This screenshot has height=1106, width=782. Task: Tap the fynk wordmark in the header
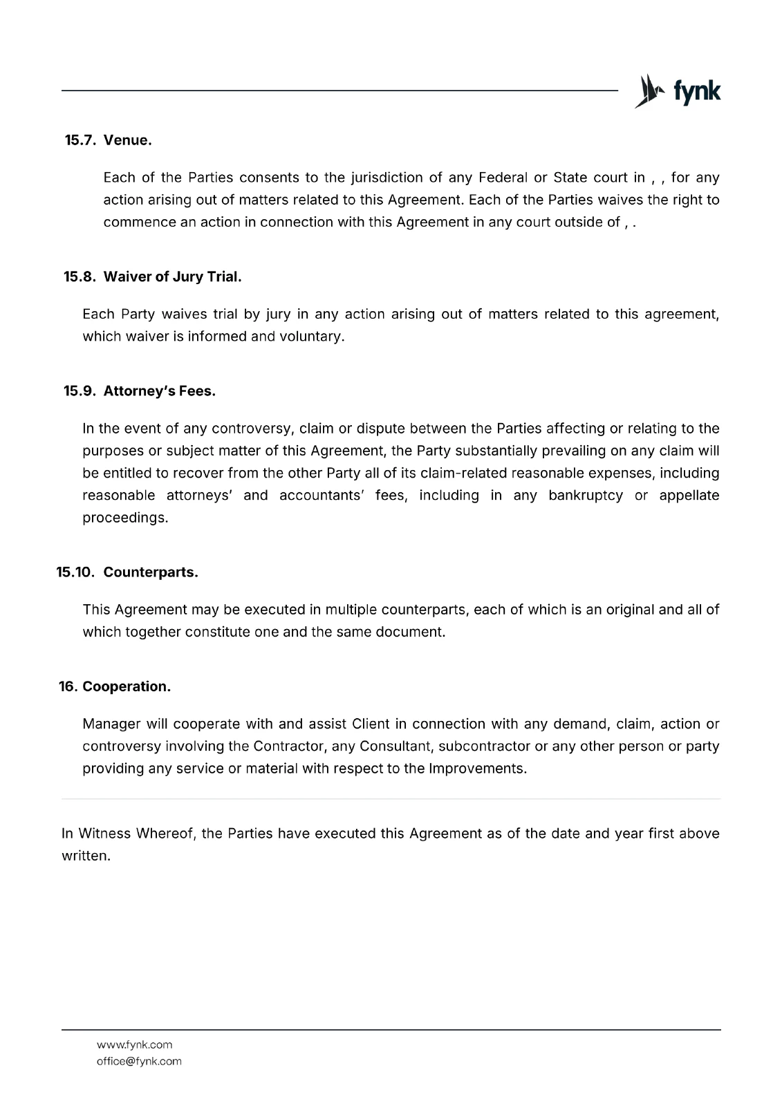click(696, 92)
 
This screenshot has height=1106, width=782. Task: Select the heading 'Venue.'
click(128, 140)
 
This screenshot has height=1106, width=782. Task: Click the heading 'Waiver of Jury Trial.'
click(172, 277)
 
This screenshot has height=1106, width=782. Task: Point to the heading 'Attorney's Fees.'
click(160, 391)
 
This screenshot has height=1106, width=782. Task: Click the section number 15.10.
click(75, 573)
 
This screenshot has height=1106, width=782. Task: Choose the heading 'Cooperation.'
click(127, 687)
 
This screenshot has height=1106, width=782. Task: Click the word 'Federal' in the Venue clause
click(503, 178)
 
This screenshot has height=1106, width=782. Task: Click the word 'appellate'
click(689, 496)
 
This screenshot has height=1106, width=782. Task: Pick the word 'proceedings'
click(124, 518)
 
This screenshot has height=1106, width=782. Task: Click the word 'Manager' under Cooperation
click(111, 724)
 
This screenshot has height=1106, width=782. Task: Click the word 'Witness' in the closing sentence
click(104, 834)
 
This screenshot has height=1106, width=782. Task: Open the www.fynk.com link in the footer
click(134, 1044)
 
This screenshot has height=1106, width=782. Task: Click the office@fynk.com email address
click(139, 1061)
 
